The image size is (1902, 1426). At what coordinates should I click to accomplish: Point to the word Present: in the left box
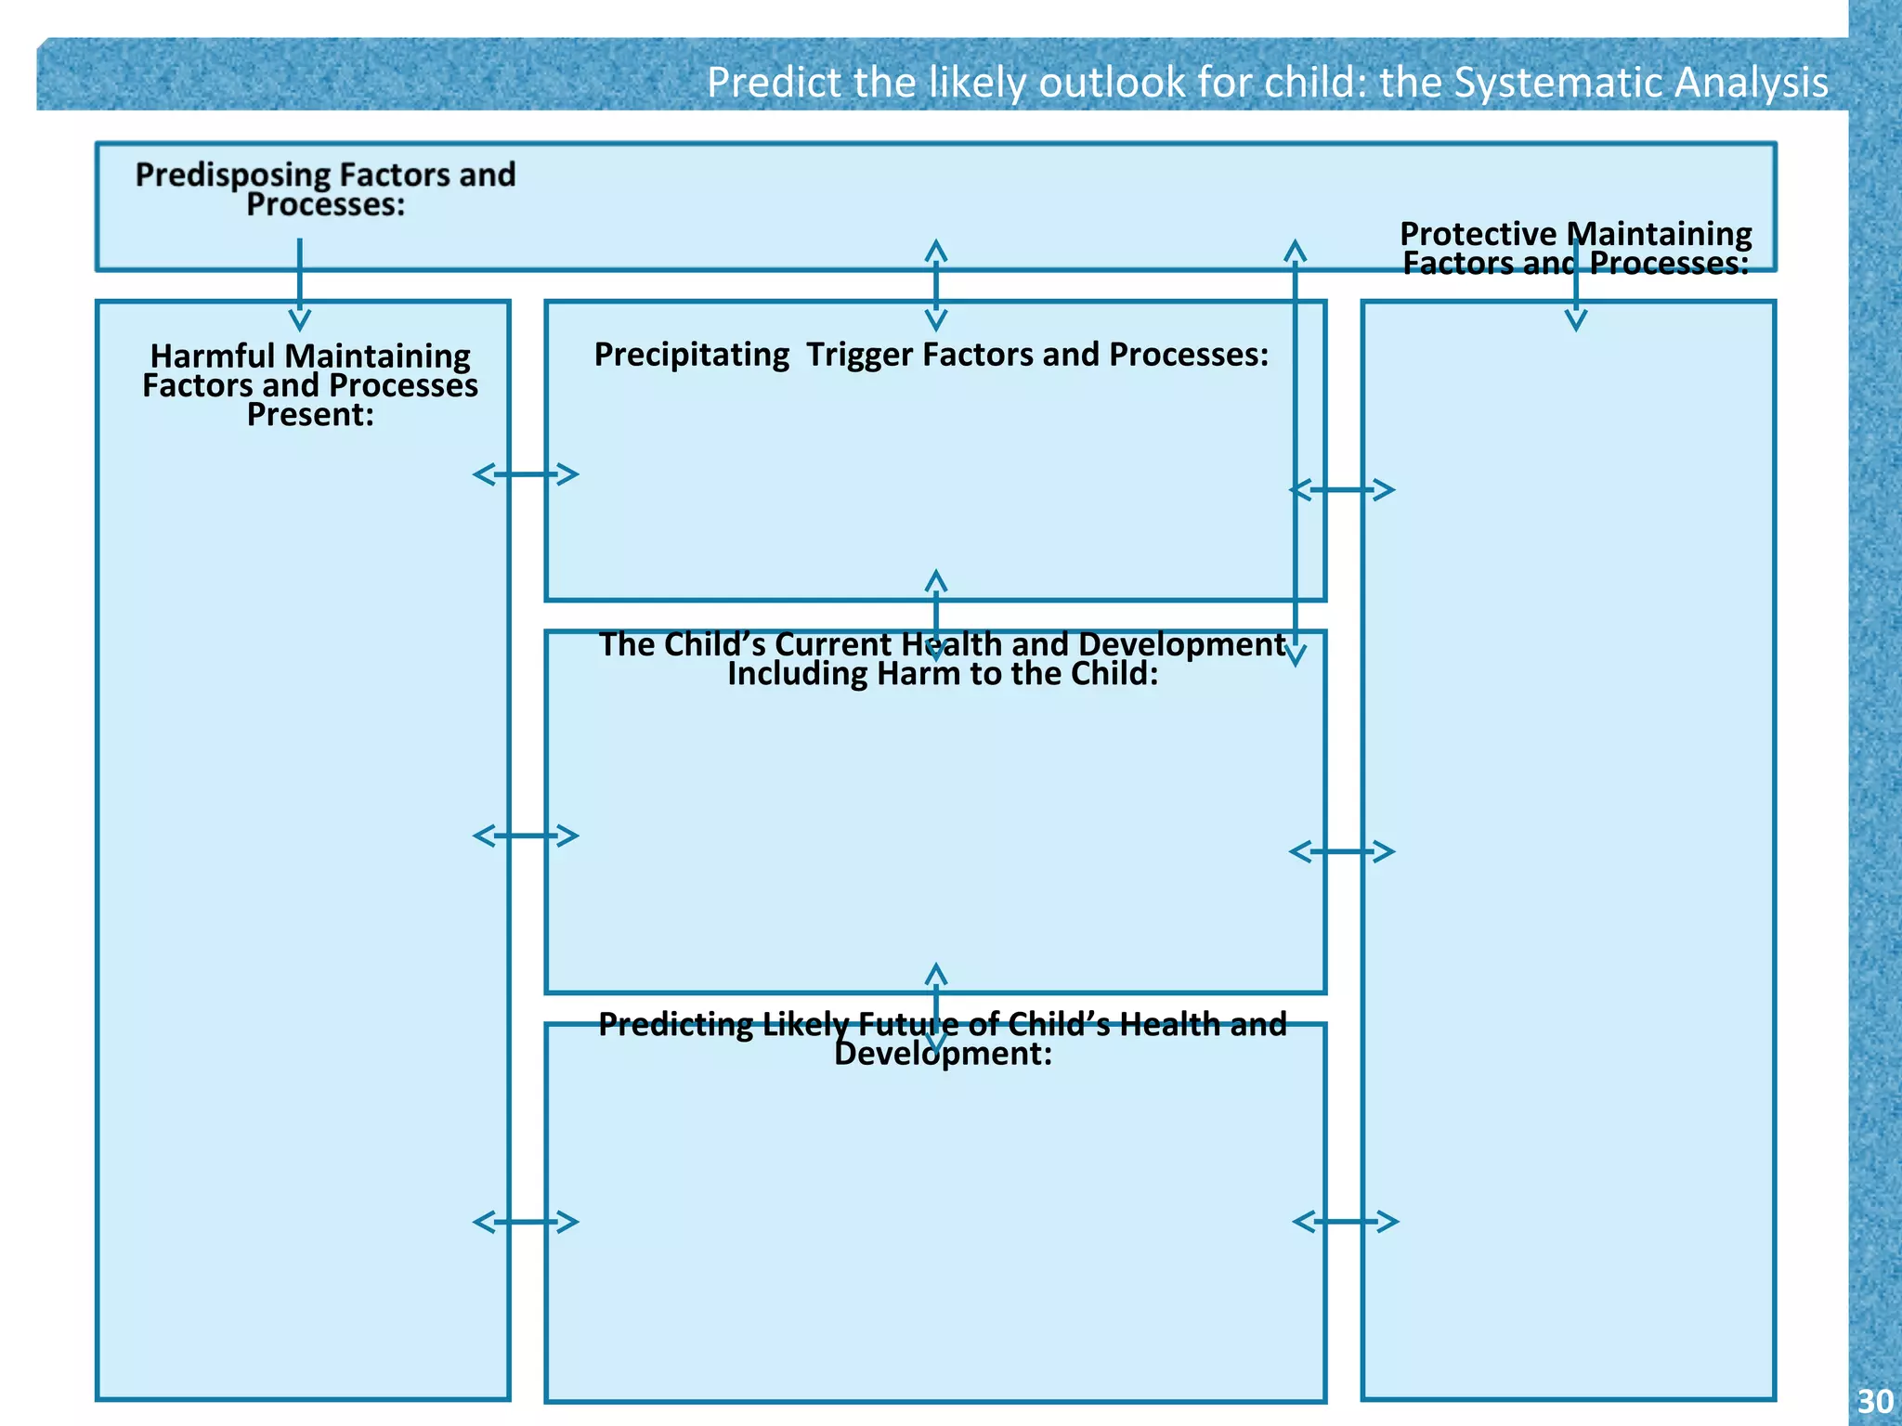tap(310, 415)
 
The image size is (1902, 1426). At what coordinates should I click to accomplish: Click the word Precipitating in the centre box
tap(691, 355)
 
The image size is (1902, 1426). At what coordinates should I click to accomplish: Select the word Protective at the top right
tap(1477, 234)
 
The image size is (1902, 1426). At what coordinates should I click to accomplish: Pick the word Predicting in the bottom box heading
tap(675, 1024)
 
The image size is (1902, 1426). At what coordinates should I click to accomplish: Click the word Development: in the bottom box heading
tap(943, 1055)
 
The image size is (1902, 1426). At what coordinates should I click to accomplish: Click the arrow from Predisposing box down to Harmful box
tap(299, 284)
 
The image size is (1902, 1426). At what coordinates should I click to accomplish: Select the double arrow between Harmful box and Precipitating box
tap(526, 474)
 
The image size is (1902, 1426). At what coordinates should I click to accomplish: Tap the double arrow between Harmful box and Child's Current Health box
tap(526, 836)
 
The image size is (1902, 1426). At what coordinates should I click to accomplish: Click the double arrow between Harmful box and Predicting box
tap(526, 1222)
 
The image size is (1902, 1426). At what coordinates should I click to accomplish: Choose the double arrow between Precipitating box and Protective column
tap(1343, 489)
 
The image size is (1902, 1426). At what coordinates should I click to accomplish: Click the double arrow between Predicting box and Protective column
tap(1346, 1222)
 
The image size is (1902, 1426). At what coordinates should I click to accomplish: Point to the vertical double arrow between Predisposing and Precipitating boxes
tap(936, 285)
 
